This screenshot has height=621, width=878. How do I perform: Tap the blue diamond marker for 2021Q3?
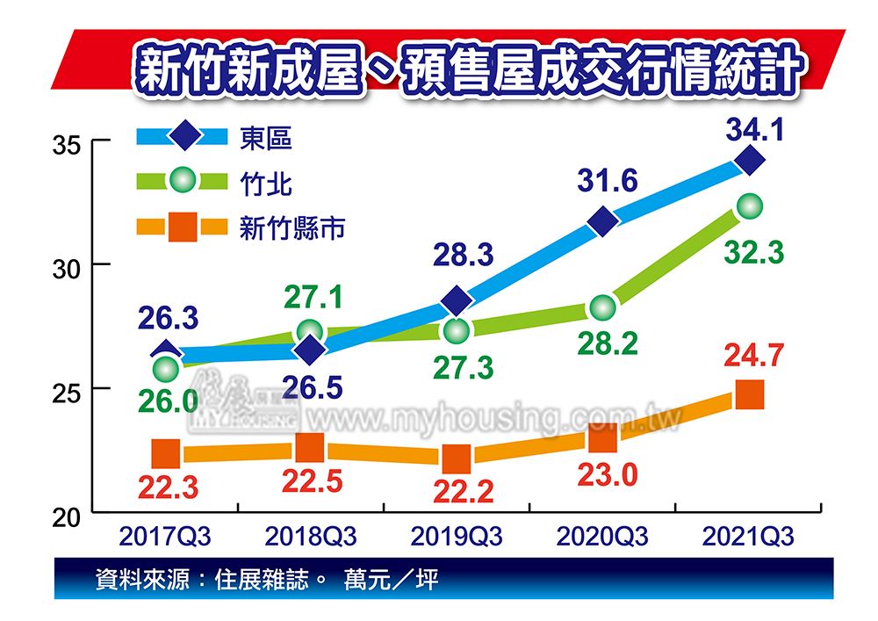tap(750, 161)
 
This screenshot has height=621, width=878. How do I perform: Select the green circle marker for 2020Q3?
tap(603, 307)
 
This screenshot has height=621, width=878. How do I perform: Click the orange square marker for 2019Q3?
tap(457, 459)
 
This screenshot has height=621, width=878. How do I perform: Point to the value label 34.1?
tap(754, 130)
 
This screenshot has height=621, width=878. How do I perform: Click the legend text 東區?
tap(266, 137)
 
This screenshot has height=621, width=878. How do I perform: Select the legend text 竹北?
tap(266, 184)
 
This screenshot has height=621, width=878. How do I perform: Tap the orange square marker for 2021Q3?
tap(749, 395)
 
